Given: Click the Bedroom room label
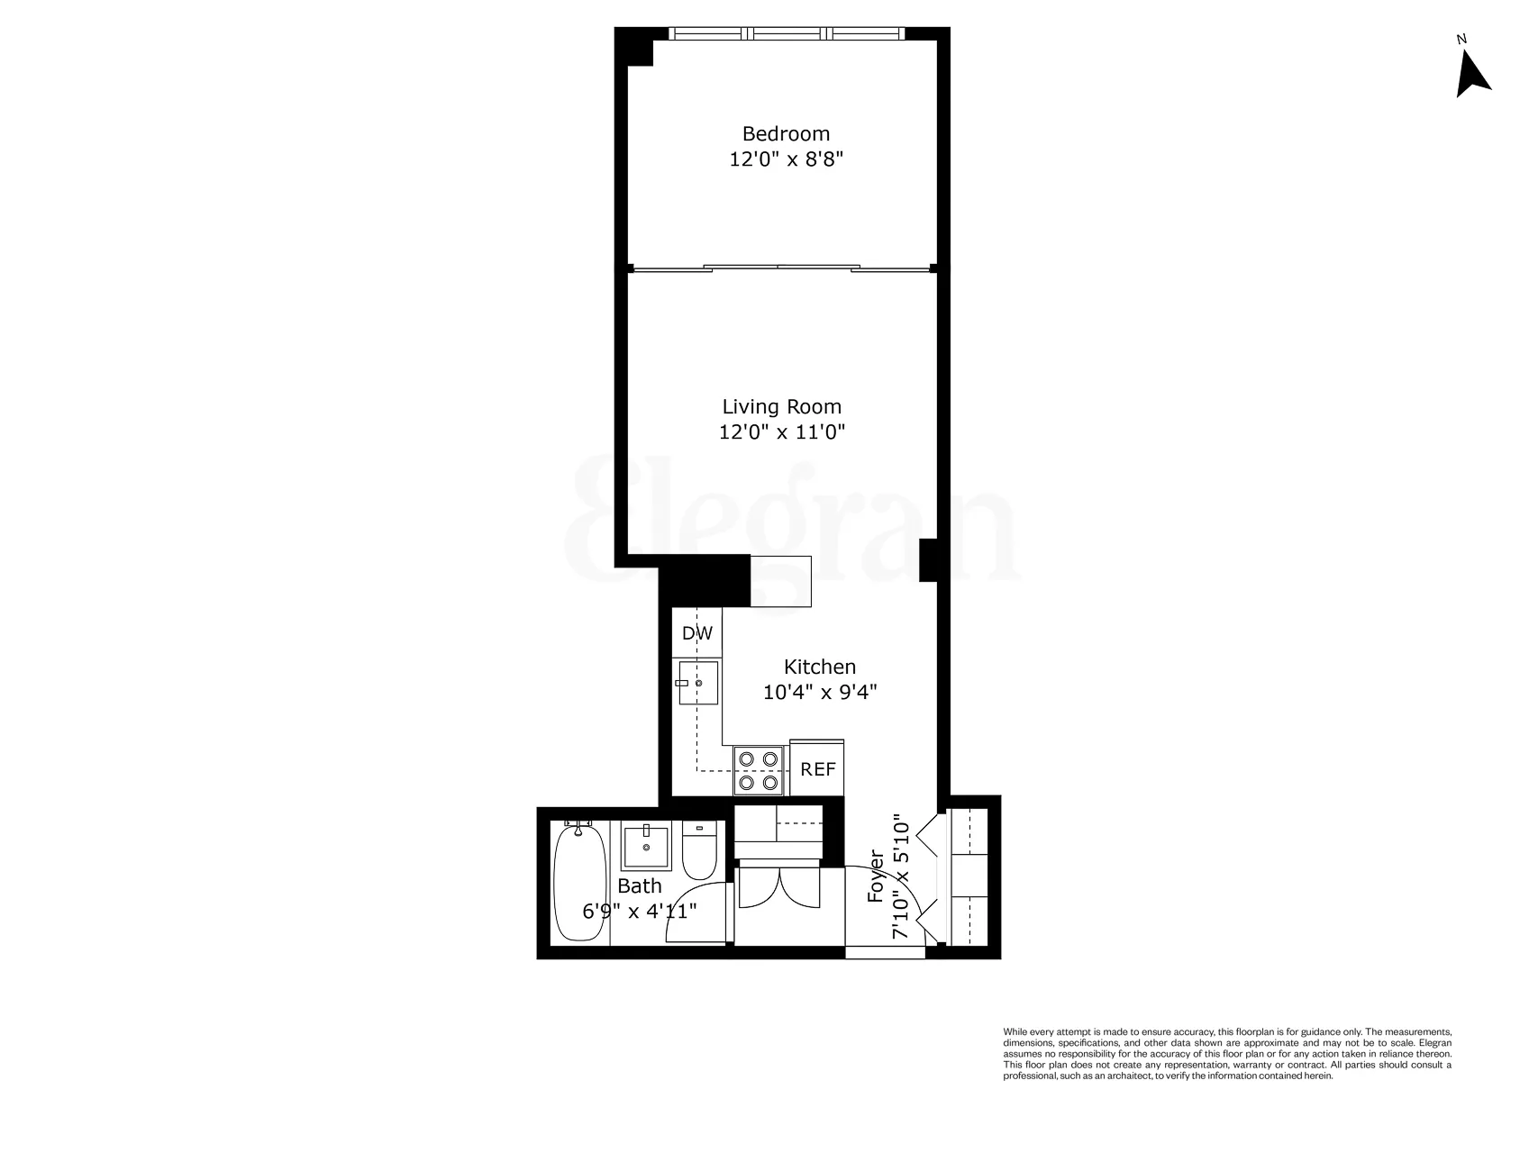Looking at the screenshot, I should [x=786, y=133].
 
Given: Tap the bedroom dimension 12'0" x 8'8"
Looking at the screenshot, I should [x=786, y=159].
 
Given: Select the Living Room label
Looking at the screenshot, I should [x=781, y=406].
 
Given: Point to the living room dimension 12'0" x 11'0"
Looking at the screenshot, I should [x=781, y=432].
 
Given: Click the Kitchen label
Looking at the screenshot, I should [x=819, y=667].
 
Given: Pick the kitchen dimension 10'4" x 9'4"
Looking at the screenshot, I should [x=819, y=693].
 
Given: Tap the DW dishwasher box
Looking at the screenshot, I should [x=696, y=633].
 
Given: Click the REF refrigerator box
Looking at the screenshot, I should [x=818, y=769].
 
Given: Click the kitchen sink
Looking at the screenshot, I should [x=698, y=684].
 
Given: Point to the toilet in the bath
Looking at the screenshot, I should [x=698, y=850].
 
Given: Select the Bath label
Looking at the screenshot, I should [x=639, y=886].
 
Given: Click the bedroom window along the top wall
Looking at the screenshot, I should [x=787, y=33].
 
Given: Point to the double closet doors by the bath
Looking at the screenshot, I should [x=778, y=887].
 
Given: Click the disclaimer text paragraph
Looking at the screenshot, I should [x=1227, y=1053].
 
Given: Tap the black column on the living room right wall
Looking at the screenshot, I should [x=929, y=559].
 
